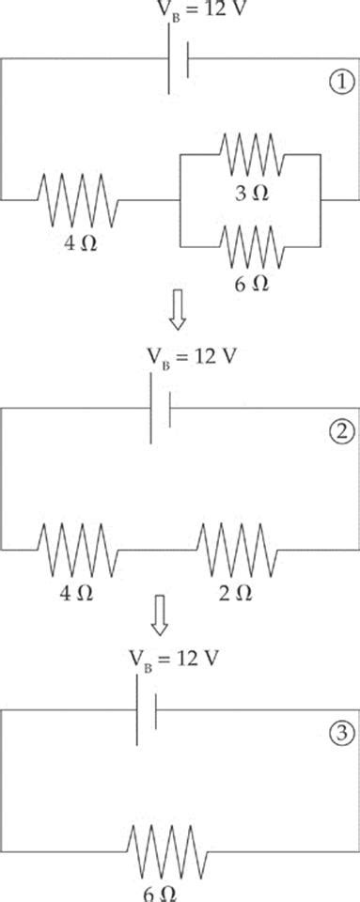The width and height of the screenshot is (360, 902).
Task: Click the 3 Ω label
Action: pos(249,193)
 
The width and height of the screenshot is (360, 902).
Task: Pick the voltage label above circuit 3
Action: pos(174,658)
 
